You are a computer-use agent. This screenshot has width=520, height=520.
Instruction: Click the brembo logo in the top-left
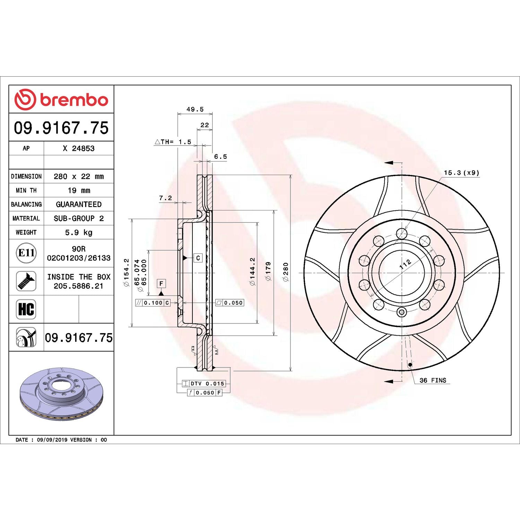point(61,99)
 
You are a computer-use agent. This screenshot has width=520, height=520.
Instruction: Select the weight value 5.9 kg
point(79,232)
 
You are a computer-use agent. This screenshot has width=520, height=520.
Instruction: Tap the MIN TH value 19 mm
point(79,190)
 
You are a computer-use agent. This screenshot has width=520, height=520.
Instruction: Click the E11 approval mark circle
point(26,253)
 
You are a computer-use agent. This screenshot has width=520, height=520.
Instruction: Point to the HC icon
point(26,309)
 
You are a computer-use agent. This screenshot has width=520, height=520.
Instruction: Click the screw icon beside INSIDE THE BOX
point(26,281)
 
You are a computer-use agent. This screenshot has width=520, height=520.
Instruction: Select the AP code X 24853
point(79,148)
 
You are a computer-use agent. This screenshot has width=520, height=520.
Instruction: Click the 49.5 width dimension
point(195,109)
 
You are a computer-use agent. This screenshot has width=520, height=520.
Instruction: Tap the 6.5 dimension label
point(220,157)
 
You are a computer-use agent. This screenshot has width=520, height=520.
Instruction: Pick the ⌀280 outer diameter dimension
point(286,272)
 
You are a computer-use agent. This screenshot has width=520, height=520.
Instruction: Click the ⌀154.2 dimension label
point(127,272)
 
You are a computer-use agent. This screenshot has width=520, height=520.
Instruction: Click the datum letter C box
point(198,258)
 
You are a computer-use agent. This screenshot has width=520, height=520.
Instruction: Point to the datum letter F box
point(161,284)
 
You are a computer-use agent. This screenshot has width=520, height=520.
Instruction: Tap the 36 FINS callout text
point(433,380)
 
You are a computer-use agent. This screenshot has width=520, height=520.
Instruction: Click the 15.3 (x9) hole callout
point(461,173)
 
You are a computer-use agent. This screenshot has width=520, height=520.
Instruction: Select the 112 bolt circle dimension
point(405,264)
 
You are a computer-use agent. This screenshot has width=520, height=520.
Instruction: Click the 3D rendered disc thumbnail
point(61,394)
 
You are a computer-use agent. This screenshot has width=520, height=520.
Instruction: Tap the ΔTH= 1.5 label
point(173,142)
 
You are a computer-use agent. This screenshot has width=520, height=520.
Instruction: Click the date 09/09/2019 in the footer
point(52,440)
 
